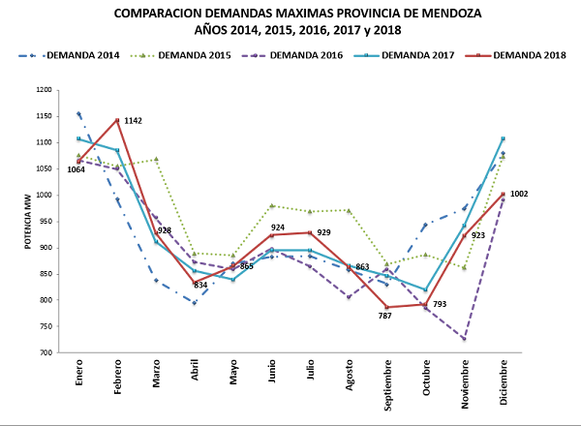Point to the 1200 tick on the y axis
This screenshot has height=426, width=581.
tap(43, 90)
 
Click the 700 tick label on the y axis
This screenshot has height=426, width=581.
tap(45, 352)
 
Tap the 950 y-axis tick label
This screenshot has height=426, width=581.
tap(45, 222)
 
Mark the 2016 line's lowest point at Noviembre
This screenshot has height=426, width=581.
tap(465, 339)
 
